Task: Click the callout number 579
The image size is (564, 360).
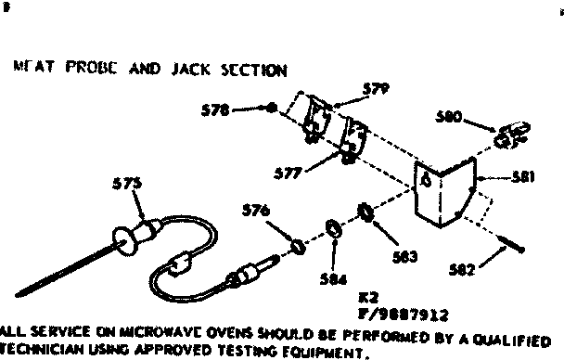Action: pos(351,90)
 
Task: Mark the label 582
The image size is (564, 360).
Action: pos(459,269)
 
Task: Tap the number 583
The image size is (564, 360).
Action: pos(404,255)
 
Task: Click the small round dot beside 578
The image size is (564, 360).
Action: pos(271,109)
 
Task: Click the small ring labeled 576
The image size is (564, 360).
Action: pos(298,246)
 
